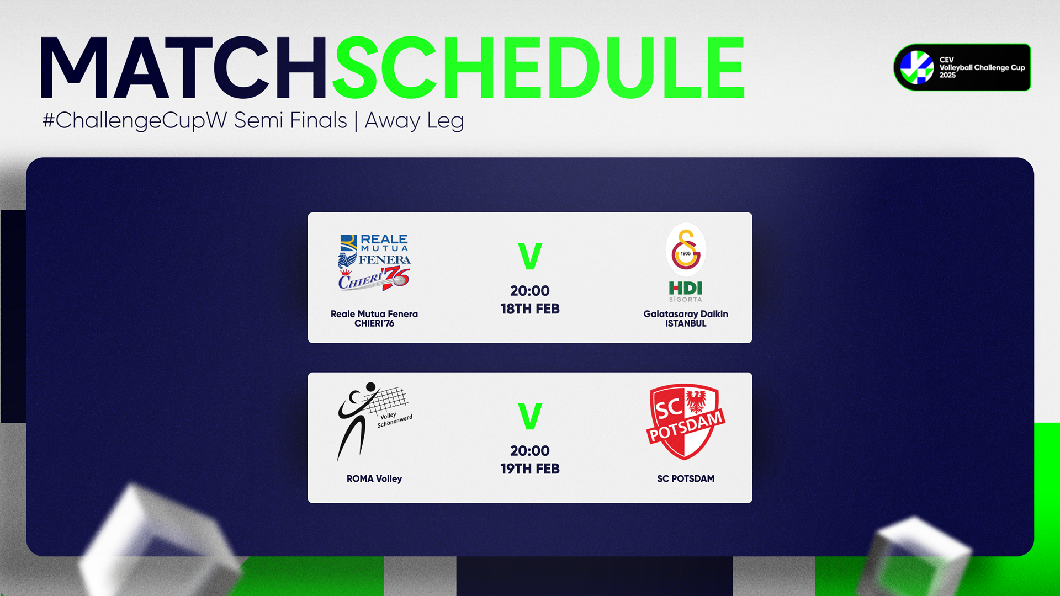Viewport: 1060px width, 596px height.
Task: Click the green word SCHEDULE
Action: (539, 68)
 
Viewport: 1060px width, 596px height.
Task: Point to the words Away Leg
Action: (414, 120)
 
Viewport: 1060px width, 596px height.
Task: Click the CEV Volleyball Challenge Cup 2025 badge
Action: (962, 67)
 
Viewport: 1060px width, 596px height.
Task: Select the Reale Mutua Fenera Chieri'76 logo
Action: (374, 262)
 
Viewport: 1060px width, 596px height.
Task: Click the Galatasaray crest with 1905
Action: (686, 249)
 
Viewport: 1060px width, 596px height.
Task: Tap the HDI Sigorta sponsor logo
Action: (686, 291)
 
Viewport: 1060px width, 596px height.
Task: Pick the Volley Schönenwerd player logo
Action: (374, 421)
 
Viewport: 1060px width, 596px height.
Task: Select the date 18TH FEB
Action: (530, 309)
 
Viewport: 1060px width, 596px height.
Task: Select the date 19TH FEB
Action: (530, 469)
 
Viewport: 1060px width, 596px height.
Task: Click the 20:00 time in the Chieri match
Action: (530, 291)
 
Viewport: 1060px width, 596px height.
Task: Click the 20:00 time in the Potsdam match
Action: (530, 451)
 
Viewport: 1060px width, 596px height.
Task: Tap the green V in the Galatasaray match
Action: (530, 256)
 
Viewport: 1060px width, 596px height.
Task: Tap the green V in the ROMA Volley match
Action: (530, 416)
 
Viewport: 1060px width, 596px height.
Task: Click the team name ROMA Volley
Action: (374, 479)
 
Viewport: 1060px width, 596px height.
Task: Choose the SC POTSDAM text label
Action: (686, 479)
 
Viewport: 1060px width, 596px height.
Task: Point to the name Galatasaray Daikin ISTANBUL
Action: (686, 318)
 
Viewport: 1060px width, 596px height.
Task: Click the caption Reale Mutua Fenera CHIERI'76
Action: (374, 318)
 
